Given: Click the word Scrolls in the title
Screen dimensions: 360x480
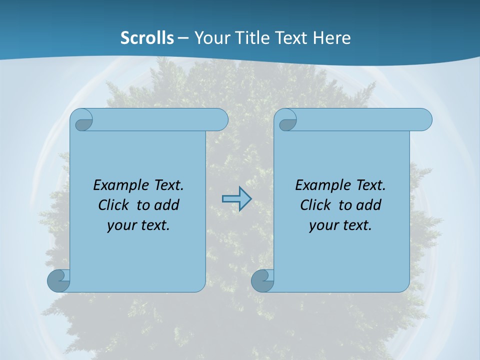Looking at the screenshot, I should point(147,38).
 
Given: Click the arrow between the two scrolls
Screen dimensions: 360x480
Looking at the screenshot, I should point(236,199).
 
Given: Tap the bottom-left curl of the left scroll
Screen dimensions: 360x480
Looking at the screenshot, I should point(58,280).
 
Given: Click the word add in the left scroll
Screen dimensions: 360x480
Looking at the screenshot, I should point(167,205).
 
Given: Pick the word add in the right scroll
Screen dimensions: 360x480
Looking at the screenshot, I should point(369,205).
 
